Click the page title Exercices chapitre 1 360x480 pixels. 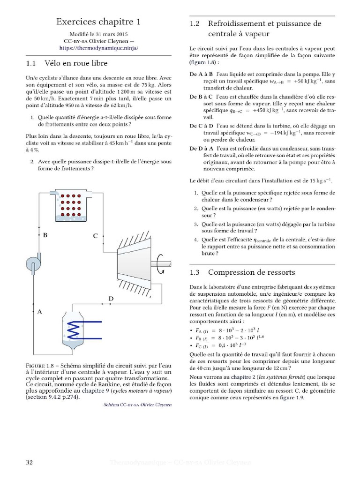[x=98, y=22]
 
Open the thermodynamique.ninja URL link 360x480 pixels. [x=99, y=48]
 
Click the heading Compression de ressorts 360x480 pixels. [x=251, y=272]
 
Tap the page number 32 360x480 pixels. [x=29, y=463]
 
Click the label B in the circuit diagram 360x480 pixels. [x=45, y=236]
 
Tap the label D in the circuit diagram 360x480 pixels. [x=111, y=299]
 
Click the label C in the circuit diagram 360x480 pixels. [x=95, y=236]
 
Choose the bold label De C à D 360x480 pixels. [x=202, y=126]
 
